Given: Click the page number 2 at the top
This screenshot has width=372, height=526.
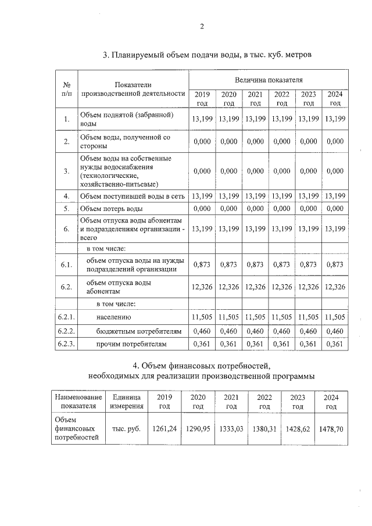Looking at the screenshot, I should [x=202, y=26].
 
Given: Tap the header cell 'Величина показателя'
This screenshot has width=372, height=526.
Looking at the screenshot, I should [x=268, y=79].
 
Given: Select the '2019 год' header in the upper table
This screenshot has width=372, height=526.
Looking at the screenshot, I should [x=202, y=99].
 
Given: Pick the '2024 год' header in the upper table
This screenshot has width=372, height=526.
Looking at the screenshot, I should [x=335, y=99].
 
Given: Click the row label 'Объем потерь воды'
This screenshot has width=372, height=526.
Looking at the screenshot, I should [x=111, y=208].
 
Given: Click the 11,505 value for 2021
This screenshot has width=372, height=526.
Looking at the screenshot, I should [x=255, y=317].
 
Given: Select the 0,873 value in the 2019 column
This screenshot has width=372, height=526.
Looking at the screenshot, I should [x=202, y=264].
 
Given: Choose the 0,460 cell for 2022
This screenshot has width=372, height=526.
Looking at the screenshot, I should [x=282, y=331].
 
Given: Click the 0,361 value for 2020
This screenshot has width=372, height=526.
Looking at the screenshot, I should [x=228, y=344].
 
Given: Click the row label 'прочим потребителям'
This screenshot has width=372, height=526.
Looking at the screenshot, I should [x=131, y=344].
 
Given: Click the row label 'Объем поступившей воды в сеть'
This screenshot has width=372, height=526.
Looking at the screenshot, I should [x=132, y=196].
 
